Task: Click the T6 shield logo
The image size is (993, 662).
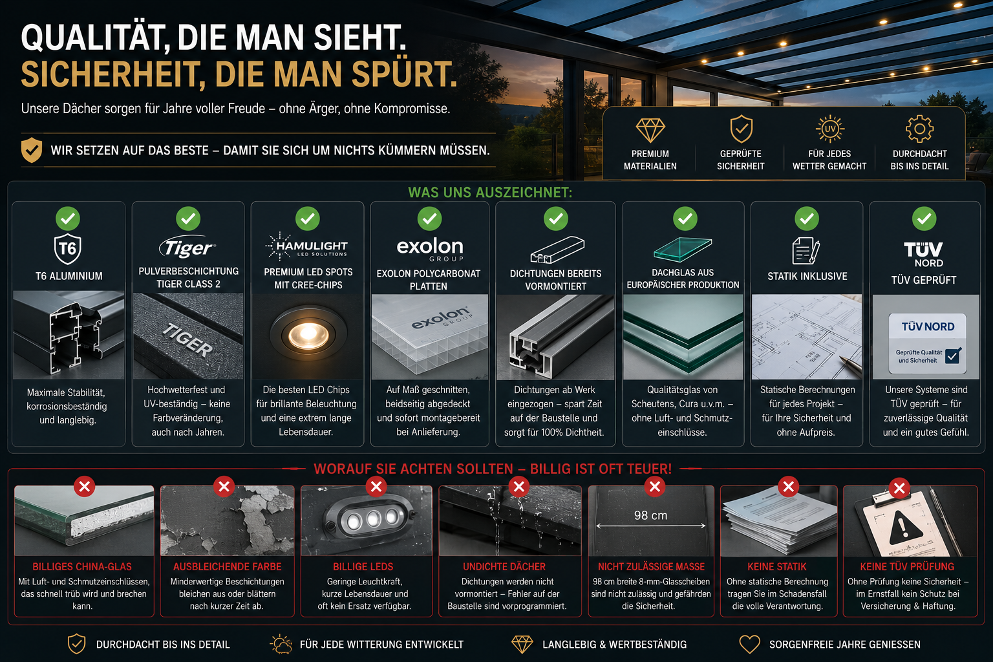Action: [67, 249]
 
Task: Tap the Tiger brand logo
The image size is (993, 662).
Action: [187, 247]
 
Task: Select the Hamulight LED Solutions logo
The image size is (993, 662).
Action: [306, 246]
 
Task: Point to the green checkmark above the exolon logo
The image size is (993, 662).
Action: [429, 219]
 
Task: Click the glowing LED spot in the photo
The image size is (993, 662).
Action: [308, 335]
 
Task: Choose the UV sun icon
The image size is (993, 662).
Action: [829, 129]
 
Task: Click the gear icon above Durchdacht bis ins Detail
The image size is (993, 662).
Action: [919, 129]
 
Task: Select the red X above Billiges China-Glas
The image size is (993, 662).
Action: [84, 487]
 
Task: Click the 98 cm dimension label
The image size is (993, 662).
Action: [650, 515]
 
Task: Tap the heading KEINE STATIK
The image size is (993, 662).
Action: [776, 567]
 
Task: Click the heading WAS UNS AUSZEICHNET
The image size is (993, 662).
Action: [490, 193]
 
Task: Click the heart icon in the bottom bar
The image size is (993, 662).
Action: [750, 645]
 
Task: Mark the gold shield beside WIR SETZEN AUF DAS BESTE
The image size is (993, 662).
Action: [32, 150]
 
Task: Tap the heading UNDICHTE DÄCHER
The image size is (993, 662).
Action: [504, 567]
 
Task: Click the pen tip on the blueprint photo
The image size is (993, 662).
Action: [841, 357]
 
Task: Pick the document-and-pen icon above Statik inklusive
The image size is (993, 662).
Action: [806, 251]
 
